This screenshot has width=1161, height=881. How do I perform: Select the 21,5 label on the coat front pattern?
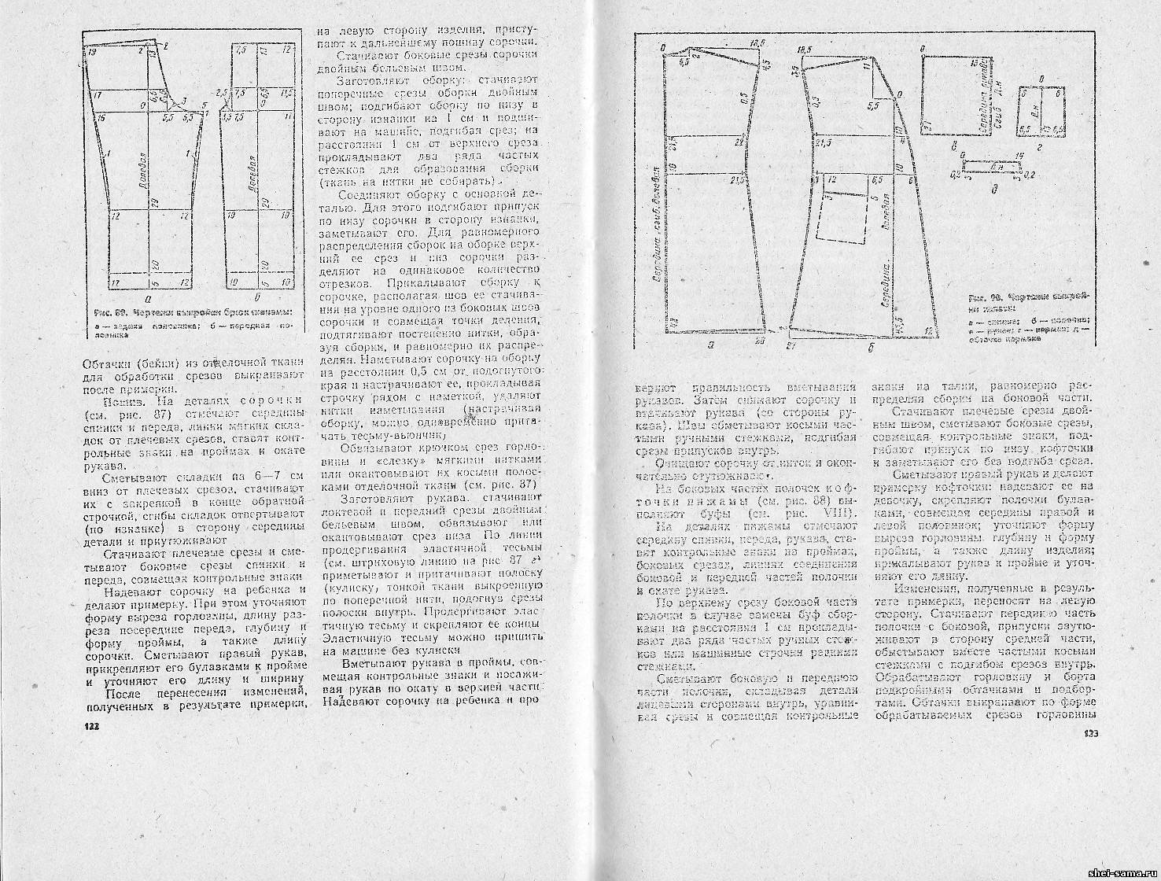click(824, 143)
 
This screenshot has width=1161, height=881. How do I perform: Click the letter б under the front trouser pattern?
click(260, 299)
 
